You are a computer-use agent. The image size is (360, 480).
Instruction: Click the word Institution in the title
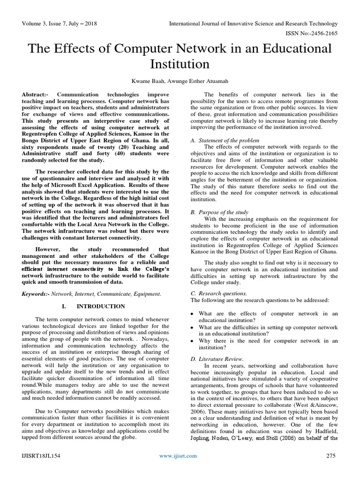pos(180,63)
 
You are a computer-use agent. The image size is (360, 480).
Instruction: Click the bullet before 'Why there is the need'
pos(192,341)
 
